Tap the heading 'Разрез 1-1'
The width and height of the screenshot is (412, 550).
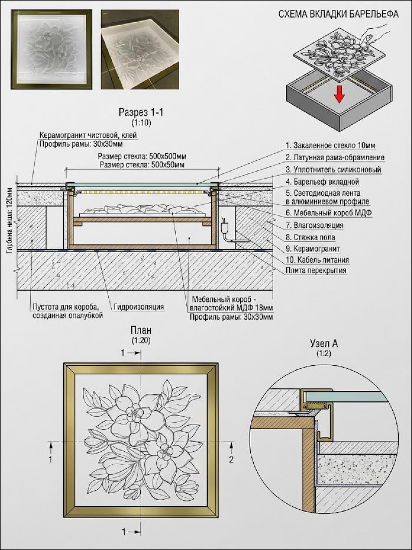(141, 112)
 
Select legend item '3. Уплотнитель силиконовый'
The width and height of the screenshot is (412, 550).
(333, 169)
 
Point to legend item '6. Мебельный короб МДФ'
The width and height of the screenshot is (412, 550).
(329, 213)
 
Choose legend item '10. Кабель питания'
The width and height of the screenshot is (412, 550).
(317, 260)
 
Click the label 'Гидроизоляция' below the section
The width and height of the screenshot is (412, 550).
(139, 307)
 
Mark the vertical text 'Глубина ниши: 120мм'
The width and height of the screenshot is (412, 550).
(10, 220)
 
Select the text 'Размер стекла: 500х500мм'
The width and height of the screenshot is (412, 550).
(142, 156)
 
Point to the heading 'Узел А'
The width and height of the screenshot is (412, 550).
(324, 343)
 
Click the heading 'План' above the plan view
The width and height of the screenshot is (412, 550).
(141, 330)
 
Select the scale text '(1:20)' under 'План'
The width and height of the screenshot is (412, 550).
(141, 340)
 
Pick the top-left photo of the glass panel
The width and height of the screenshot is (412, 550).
(51, 49)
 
